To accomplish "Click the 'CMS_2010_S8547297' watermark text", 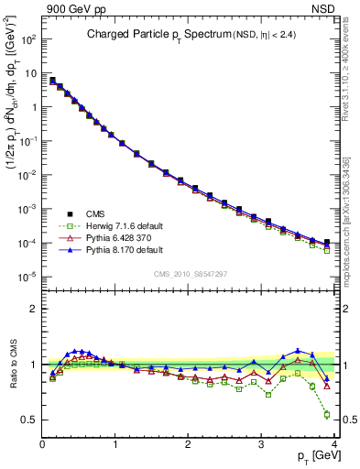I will tap(189, 274).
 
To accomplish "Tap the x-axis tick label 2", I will tap(189, 445).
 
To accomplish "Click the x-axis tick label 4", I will tap(333, 445).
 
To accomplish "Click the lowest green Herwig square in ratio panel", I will tap(327, 414).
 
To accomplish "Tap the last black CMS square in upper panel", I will tap(327, 242).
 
